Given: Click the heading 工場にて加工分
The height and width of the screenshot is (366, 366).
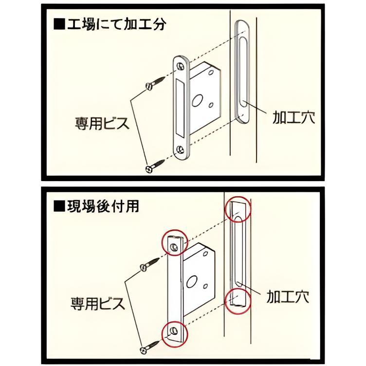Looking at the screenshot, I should coord(115,24).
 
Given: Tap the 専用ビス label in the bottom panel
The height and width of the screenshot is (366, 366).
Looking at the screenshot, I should coord(97,304).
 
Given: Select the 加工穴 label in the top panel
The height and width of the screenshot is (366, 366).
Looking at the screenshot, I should coord(293,117).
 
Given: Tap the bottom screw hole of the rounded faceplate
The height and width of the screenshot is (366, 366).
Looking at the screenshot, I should coord(181,148).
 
